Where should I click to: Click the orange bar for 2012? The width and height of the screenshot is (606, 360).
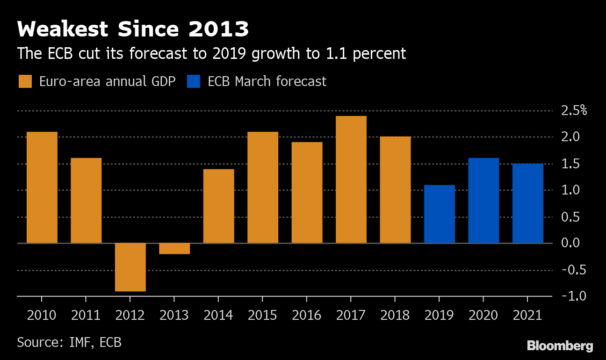coord(130,267)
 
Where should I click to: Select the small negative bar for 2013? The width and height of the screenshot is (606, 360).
coord(174,249)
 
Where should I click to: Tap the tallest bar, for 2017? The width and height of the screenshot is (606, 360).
coord(351,180)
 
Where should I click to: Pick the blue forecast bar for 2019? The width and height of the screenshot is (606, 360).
coord(440,214)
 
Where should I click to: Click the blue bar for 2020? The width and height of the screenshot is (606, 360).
coord(483,201)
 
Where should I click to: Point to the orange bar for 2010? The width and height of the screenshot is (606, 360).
coord(42,187)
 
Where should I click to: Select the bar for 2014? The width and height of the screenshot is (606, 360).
coord(219,206)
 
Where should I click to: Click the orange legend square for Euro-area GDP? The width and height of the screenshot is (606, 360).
coord(25,81)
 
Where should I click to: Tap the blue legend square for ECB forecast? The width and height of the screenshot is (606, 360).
coord(194,81)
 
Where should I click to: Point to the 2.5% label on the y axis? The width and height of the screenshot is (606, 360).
coord(574,111)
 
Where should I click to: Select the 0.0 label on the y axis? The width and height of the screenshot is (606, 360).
coord(570,243)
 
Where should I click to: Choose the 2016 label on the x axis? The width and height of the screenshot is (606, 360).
coord(307,315)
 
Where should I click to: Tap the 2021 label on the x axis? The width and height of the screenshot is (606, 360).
coord(527,315)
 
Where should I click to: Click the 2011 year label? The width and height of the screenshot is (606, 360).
coord(86,315)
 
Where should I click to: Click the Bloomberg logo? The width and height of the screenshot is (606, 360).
coord(560,346)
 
